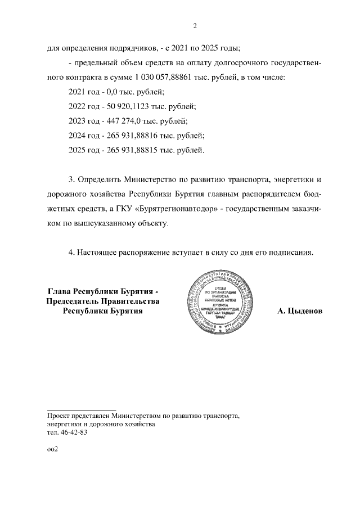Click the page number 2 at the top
coord(194,25)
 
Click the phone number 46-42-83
coord(73,434)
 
